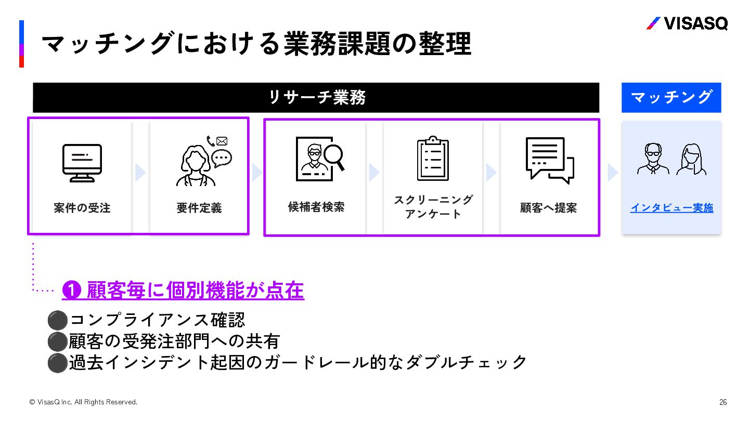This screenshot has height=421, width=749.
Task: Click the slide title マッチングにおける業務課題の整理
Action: tap(256, 44)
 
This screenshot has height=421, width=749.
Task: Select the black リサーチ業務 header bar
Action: tap(316, 98)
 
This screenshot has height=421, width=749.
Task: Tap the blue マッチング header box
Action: tap(671, 97)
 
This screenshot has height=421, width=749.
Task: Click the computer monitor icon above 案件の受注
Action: tap(82, 163)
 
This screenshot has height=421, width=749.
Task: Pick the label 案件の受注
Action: tap(82, 208)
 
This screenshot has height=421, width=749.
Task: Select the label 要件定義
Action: tap(199, 208)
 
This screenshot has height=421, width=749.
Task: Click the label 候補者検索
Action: tap(316, 207)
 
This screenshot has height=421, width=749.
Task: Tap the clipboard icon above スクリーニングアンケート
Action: tap(433, 159)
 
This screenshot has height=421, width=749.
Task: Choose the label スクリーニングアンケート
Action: tap(433, 207)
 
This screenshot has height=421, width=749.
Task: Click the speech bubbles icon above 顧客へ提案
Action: tap(549, 160)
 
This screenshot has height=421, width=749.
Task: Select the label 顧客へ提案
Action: tap(548, 208)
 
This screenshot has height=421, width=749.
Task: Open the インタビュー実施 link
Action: tap(671, 208)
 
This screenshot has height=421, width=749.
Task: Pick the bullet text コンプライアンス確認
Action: tap(157, 320)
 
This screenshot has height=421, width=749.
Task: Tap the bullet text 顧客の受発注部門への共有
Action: tap(175, 341)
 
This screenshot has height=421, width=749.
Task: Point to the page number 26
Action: tap(723, 402)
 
